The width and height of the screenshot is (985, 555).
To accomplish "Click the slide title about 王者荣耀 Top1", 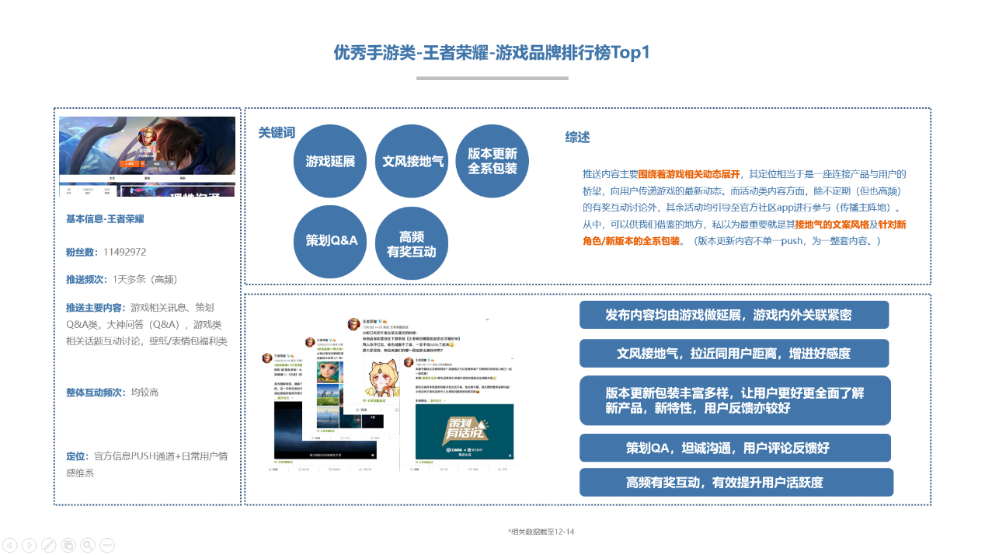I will click(492, 53).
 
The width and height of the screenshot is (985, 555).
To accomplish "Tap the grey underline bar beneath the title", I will click(492, 78).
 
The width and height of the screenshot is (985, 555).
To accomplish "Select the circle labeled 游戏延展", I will click(330, 162).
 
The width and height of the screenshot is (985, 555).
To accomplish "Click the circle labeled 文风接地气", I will click(412, 162).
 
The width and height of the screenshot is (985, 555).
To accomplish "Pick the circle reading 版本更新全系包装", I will click(493, 162).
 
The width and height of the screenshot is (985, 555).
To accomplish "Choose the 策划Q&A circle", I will click(330, 241).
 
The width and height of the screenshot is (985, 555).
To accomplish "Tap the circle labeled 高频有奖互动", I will click(412, 243).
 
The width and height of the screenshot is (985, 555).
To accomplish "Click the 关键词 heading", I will click(277, 133).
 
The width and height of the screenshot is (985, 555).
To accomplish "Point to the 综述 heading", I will click(577, 138).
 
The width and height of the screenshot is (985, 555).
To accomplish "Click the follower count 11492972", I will click(124, 252).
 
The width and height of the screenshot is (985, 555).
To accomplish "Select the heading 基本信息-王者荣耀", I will click(105, 219).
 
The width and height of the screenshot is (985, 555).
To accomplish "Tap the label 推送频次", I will click(88, 279).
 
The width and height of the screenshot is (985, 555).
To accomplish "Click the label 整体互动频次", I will click(96, 393).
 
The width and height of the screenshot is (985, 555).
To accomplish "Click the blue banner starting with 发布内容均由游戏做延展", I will click(733, 316).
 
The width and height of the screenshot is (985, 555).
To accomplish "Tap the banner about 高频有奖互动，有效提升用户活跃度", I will click(736, 483).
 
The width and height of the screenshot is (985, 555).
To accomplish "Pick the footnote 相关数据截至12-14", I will click(541, 532).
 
